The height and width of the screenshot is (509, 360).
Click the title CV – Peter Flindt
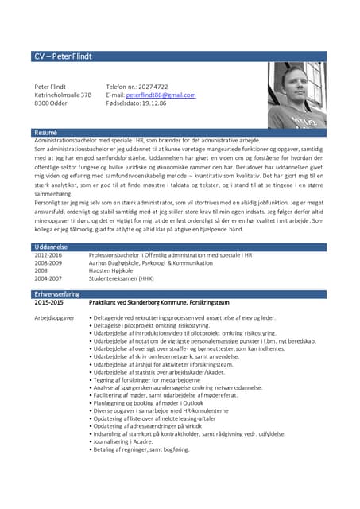[x=63, y=56]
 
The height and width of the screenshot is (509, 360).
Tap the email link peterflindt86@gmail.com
[x=161, y=95]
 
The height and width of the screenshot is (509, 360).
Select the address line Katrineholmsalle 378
[x=63, y=95]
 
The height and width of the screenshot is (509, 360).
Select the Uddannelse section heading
[x=50, y=247]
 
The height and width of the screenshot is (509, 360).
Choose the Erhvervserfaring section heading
[x=56, y=294]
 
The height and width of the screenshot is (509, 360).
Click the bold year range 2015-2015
[x=50, y=303]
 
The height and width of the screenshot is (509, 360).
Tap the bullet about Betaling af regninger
[x=141, y=449]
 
